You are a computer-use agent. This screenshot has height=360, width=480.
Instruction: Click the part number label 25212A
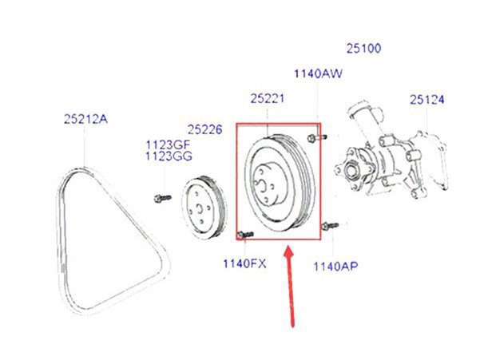click(x=85, y=120)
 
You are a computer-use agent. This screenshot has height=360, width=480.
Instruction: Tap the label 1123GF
click(x=167, y=144)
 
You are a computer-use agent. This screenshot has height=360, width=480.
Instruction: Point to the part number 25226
click(x=207, y=129)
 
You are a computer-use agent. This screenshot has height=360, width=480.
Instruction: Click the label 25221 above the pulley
click(x=268, y=99)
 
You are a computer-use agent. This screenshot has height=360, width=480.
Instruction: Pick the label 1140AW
click(x=317, y=74)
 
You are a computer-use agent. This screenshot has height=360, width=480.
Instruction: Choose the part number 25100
click(x=363, y=49)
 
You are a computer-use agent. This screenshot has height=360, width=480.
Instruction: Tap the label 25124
click(x=427, y=100)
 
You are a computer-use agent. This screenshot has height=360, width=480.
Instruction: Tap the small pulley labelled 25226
click(x=200, y=209)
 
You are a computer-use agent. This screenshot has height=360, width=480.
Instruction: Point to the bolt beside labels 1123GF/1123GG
click(x=160, y=196)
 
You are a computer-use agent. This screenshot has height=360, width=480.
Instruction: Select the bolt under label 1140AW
click(x=317, y=136)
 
